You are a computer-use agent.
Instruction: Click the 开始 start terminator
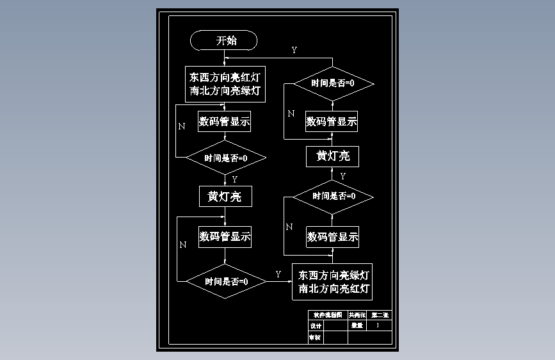point(224,41)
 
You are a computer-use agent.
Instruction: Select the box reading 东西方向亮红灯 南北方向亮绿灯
point(225,84)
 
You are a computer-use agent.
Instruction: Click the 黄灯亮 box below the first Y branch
point(225,197)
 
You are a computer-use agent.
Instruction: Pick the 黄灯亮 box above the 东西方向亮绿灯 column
point(333,156)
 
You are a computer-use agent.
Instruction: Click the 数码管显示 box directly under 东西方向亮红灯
point(225,121)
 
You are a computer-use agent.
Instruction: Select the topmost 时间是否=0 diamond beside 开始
point(333,83)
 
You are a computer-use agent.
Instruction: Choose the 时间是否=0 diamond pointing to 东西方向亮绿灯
point(226,281)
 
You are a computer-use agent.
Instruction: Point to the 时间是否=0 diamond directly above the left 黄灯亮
point(225,158)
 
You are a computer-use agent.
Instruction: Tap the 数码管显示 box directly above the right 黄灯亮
point(332,121)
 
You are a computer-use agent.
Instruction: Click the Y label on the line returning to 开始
point(294,50)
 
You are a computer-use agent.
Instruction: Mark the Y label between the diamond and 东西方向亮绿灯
point(278,274)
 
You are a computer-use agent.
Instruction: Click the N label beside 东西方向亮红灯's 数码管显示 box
point(182,126)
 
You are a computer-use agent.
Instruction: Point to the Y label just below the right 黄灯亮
point(342,176)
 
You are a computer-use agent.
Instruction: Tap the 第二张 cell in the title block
point(381,315)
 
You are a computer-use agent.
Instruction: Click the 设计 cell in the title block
point(316,326)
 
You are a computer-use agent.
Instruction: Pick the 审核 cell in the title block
point(316,337)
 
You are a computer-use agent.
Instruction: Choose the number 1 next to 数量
point(378,325)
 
